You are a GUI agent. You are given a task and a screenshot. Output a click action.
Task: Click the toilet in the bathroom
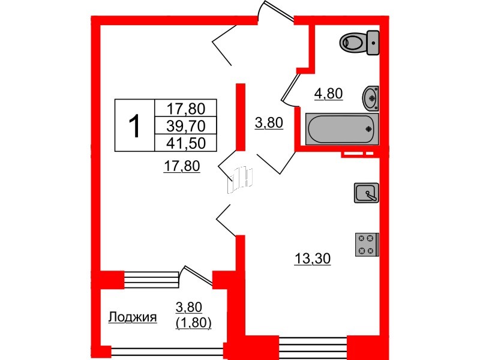(x=359, y=42)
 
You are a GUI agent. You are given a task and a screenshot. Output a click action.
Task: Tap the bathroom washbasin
(x=371, y=98)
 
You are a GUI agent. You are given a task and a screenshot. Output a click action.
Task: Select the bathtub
(x=340, y=128)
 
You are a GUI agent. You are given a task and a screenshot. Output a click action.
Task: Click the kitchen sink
(x=365, y=193)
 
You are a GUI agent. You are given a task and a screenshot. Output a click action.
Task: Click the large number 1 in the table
(x=135, y=126)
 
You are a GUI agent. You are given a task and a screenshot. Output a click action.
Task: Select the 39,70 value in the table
(x=185, y=125)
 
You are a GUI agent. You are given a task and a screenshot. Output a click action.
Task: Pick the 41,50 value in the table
(x=185, y=142)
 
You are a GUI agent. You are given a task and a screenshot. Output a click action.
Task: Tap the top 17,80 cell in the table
(x=185, y=108)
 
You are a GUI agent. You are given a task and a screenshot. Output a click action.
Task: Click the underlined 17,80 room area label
(x=181, y=166)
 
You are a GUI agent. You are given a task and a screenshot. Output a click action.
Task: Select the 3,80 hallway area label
(x=268, y=124)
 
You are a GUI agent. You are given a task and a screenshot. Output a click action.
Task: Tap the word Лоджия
(x=133, y=317)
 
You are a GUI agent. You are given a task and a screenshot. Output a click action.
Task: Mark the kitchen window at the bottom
(x=313, y=346)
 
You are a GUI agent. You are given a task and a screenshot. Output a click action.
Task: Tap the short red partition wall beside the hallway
(x=240, y=116)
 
